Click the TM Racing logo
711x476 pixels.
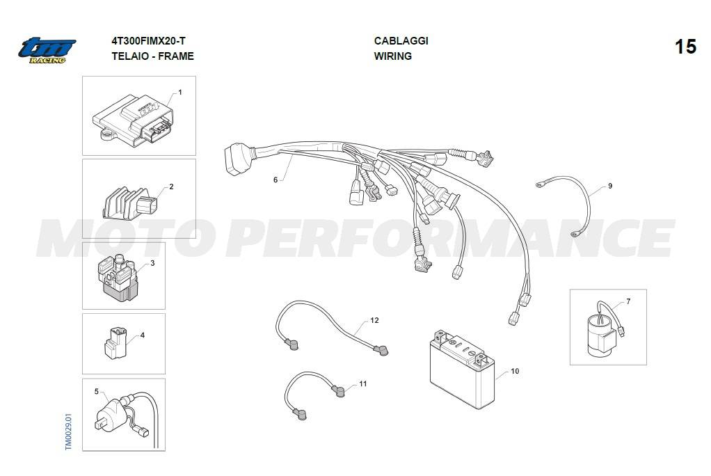tap(47, 50)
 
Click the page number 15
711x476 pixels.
tap(685, 47)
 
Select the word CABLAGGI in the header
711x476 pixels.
tap(401, 41)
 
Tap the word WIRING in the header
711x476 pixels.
tap(392, 56)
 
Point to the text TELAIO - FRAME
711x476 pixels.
tap(152, 56)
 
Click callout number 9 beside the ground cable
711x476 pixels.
tap(610, 186)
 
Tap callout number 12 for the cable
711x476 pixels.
tap(374, 321)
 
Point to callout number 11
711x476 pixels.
tap(362, 384)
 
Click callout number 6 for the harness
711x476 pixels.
tap(275, 180)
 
